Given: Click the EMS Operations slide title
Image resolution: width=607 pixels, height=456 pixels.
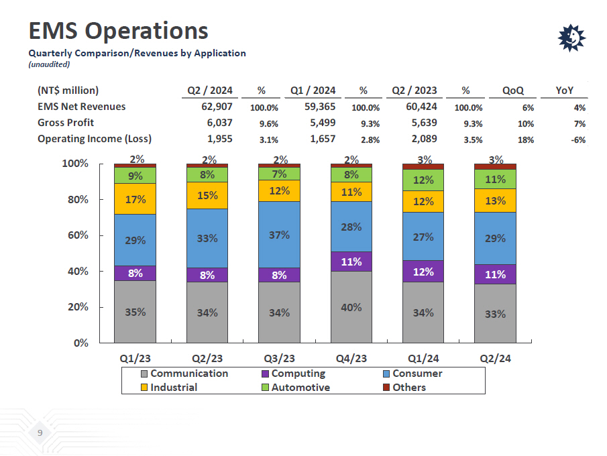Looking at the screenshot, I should click(118, 31).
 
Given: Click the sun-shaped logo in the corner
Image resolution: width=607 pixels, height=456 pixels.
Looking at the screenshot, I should click(571, 38).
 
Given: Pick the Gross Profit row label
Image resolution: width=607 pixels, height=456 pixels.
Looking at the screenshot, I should click(66, 123).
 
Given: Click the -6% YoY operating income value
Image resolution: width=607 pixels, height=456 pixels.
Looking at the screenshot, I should click(578, 139).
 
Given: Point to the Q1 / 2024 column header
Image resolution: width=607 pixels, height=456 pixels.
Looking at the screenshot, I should click(313, 91).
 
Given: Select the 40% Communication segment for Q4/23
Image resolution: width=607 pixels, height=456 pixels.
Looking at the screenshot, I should click(351, 307).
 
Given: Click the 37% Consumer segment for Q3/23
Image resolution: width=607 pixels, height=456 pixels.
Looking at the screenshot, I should click(279, 235).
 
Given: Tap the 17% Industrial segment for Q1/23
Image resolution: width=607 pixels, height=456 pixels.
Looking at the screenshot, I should click(135, 198).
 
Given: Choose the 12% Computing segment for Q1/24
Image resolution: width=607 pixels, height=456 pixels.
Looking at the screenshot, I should click(423, 272).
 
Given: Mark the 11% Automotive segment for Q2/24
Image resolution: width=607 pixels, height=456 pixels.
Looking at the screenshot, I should click(495, 179).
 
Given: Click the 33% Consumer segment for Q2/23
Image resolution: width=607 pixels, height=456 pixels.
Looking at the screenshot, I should click(207, 238).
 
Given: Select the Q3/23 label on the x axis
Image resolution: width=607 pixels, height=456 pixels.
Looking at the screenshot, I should click(279, 358).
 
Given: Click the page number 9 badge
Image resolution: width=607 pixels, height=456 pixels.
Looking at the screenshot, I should click(40, 433).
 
